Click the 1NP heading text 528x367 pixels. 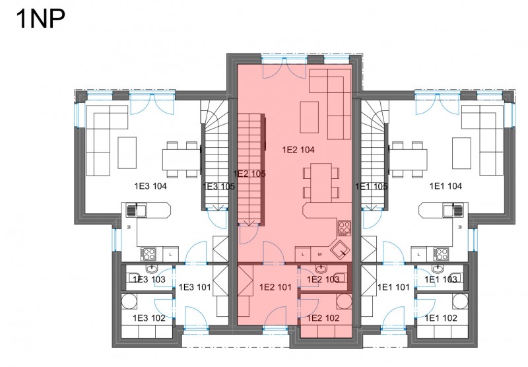click(x=40, y=19)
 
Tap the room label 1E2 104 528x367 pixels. click(x=298, y=150)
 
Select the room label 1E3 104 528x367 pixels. click(x=150, y=186)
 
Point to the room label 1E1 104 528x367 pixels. click(x=446, y=186)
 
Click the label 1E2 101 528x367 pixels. click(x=275, y=287)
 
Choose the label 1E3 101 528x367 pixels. click(x=195, y=287)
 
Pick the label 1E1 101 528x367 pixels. click(x=393, y=287)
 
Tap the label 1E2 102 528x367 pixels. click(x=323, y=318)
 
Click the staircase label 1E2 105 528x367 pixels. click(x=249, y=174)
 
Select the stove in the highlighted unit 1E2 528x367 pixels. click(x=344, y=228)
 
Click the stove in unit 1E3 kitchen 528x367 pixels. click(x=148, y=254)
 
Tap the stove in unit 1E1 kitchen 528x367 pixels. click(x=441, y=254)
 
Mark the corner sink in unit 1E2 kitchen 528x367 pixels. click(x=340, y=250)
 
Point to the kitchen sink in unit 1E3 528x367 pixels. click(x=136, y=211)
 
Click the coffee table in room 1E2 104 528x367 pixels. click(x=310, y=117)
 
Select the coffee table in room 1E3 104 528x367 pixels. click(x=127, y=152)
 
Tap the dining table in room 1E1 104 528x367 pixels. click(x=408, y=160)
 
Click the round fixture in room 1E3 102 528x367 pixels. click(x=129, y=302)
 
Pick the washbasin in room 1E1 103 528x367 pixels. click(x=437, y=269)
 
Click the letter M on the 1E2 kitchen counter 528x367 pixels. click(x=319, y=255)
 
